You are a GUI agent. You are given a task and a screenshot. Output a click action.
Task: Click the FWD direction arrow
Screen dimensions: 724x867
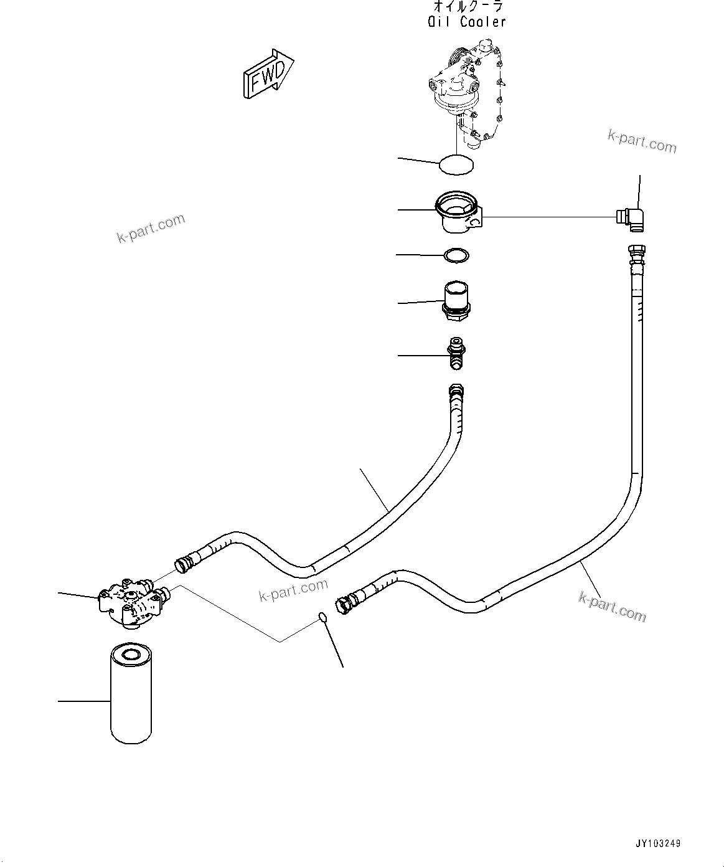(268, 74)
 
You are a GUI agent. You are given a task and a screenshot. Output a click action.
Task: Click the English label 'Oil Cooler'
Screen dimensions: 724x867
(467, 22)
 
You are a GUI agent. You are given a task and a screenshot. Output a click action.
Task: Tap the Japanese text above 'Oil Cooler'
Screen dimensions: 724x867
(468, 6)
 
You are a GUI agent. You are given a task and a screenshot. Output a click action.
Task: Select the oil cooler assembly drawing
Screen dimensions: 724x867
(468, 94)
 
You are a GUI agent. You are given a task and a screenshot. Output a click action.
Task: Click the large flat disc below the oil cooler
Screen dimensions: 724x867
(456, 164)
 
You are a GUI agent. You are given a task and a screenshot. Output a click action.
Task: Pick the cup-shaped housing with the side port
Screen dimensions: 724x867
(459, 212)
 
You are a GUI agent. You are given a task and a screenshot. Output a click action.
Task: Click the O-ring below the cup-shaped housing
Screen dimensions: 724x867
(456, 255)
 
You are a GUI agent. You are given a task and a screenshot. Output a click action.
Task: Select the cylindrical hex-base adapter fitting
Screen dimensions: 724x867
(456, 301)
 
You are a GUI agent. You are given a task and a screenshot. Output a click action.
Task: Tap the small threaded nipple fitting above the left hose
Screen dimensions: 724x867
(456, 353)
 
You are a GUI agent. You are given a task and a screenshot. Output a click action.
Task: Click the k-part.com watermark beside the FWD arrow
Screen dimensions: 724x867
(151, 227)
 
